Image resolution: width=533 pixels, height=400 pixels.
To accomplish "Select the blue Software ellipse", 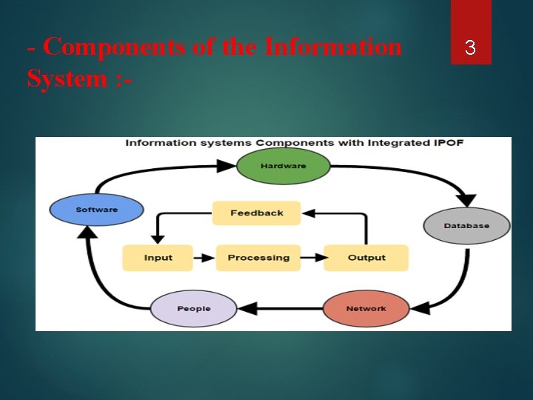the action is click(96, 210).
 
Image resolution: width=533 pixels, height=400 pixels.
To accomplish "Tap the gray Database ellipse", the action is click(466, 225).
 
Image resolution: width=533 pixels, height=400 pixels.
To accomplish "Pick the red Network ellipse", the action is click(366, 308).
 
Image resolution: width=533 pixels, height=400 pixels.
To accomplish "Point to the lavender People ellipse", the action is click(193, 308).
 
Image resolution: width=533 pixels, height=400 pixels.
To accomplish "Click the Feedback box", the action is click(256, 213).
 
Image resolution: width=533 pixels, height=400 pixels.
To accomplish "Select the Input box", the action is click(158, 258).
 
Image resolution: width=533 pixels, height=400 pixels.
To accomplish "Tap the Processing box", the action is click(258, 258).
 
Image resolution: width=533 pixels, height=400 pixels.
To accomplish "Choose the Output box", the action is click(366, 258).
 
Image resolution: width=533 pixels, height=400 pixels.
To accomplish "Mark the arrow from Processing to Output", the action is click(313, 258).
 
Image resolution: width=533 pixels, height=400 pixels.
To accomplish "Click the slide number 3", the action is click(470, 49).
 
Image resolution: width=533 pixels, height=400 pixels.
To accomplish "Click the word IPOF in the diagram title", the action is click(450, 142).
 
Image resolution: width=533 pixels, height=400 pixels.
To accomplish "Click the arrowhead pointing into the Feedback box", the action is click(309, 213).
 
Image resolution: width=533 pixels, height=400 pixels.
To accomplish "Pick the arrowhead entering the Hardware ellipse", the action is click(227, 167).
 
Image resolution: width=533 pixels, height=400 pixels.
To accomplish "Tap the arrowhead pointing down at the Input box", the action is click(157, 239).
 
